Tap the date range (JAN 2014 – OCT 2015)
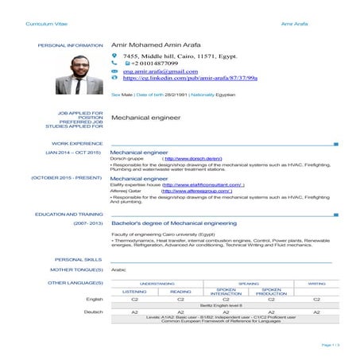click(73, 152)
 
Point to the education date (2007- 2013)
click(87, 225)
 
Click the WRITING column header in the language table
click(315, 282)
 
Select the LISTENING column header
click(134, 292)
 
